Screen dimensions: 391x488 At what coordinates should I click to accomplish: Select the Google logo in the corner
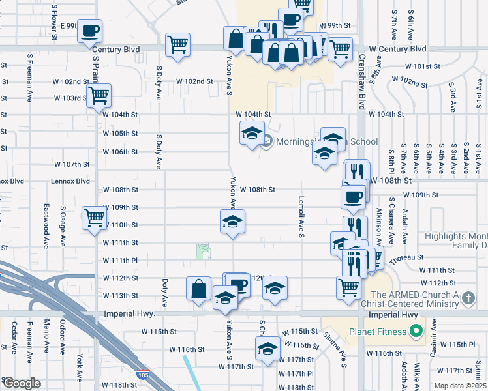22,383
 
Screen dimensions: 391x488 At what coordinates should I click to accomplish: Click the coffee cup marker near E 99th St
91,31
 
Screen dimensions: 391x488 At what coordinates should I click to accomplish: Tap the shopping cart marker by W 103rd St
99,95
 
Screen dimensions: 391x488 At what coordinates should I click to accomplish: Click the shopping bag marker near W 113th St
198,288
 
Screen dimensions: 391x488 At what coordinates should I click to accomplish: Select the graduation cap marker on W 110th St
232,221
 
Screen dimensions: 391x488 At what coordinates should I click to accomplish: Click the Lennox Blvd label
73,181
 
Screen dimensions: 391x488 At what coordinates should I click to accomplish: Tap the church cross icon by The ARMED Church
467,298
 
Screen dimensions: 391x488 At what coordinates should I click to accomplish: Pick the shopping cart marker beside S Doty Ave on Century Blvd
177,45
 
